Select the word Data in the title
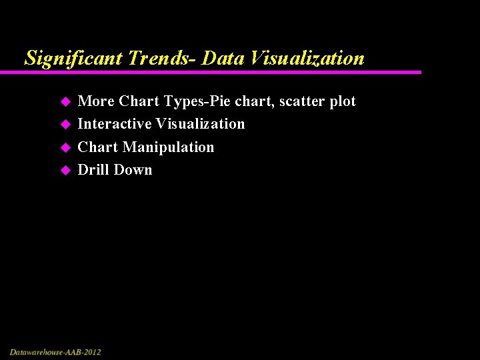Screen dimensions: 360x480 pos(223,59)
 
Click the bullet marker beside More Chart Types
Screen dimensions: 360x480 pos(65,102)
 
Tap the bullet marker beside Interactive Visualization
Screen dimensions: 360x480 pos(65,125)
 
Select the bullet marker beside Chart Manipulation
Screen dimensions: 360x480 pos(65,147)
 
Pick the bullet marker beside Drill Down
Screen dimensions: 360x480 pos(65,171)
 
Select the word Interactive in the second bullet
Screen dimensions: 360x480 pos(114,124)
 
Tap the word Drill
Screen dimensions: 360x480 pos(93,170)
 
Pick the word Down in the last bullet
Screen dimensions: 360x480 pos(133,170)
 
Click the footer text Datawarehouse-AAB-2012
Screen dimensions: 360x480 pos(55,351)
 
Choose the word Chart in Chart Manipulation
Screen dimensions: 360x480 pos(97,147)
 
